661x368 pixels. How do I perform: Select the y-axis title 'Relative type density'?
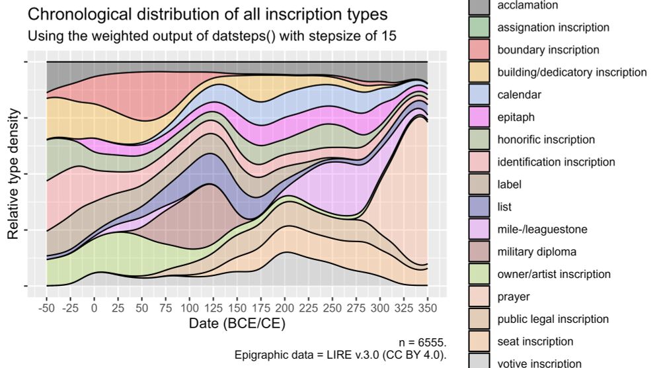point(13,175)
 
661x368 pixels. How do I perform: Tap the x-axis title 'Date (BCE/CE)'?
point(237,324)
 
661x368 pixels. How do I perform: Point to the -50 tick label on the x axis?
point(46,308)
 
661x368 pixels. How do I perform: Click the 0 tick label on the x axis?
point(94,308)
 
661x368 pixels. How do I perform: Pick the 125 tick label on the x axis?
point(214,308)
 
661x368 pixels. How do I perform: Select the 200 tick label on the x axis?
point(285,308)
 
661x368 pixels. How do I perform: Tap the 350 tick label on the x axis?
point(428,308)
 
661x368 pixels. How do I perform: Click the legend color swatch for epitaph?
point(479,117)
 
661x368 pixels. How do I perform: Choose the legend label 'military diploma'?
point(535,252)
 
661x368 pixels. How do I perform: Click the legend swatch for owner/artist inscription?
point(479,274)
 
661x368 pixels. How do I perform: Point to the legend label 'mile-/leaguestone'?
point(541,229)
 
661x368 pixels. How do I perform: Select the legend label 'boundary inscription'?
point(548,50)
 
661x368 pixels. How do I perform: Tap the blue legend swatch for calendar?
point(479,95)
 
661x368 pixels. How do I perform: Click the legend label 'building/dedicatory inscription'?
point(572,72)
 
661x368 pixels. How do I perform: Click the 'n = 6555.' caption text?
point(423,342)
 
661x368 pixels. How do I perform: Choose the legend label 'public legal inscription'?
point(553,319)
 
